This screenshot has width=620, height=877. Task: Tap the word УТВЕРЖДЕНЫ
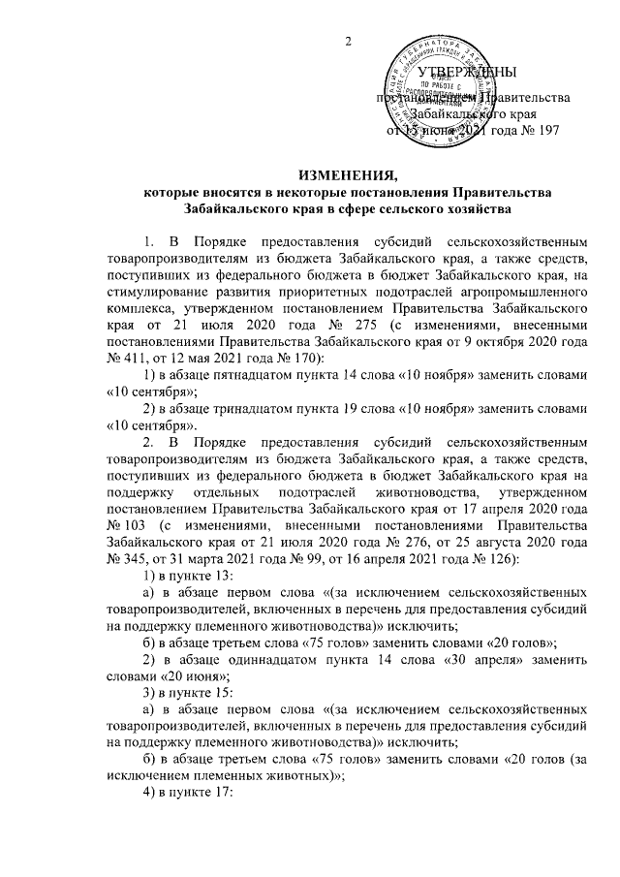tap(473, 74)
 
